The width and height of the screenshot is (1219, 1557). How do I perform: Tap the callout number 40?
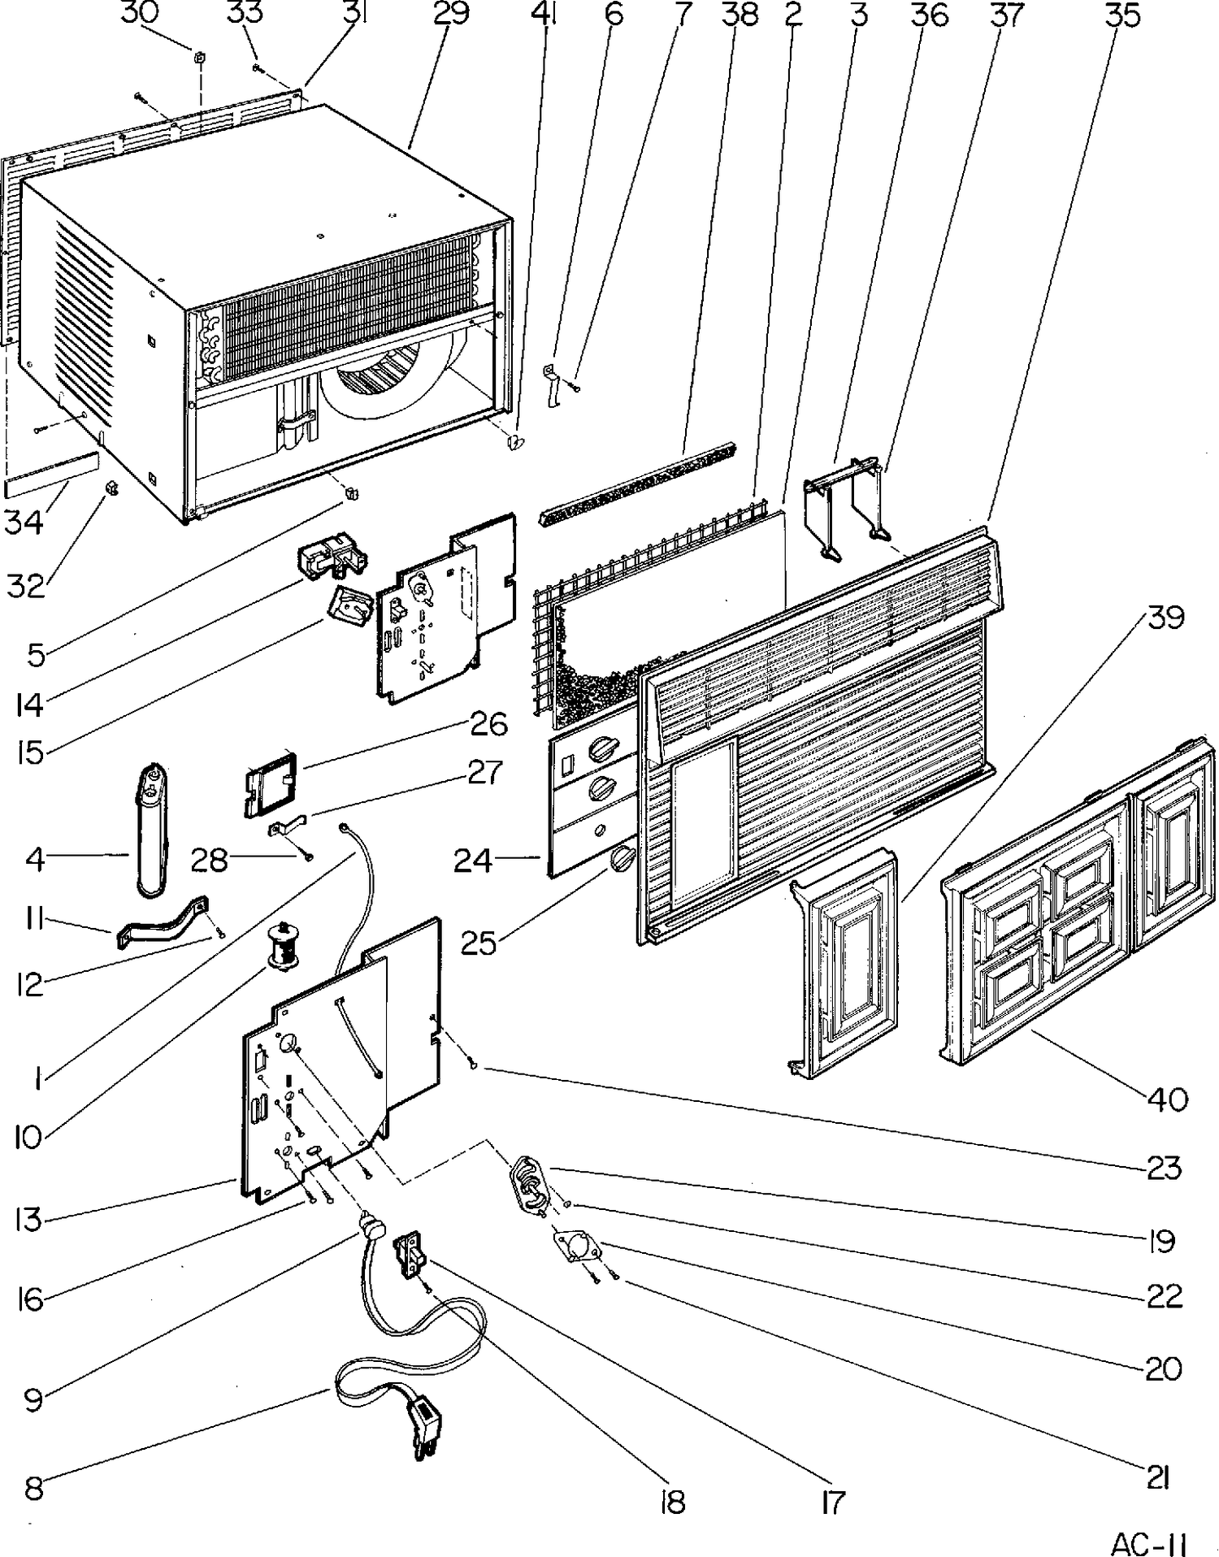pyautogui.click(x=1168, y=1099)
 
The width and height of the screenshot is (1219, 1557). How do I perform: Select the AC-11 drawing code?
pyautogui.click(x=1149, y=1541)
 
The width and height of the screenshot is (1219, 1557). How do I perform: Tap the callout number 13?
pyautogui.click(x=28, y=1219)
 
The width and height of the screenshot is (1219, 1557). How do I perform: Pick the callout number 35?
pyautogui.click(x=1122, y=14)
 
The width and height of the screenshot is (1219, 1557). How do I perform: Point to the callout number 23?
pyautogui.click(x=1163, y=1169)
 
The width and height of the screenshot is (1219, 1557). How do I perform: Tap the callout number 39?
pyautogui.click(x=1166, y=618)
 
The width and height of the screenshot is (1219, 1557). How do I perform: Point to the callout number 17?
pyautogui.click(x=833, y=1502)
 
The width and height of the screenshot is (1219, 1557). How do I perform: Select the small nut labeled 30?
pyautogui.click(x=199, y=57)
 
